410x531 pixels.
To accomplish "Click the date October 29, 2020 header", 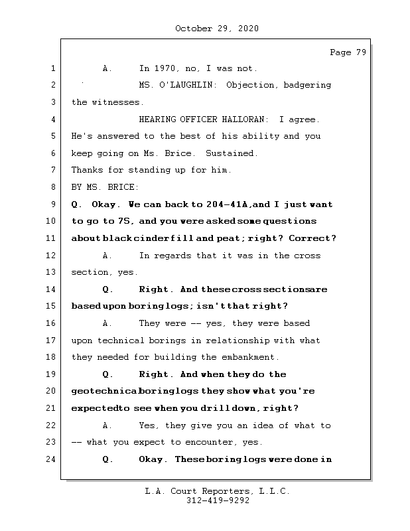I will [217, 29].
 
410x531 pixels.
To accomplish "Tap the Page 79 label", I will [348, 53].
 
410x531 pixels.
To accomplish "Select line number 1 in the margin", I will [52, 68].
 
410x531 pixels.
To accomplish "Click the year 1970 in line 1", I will [165, 68].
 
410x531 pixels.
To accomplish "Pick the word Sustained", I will [232, 153].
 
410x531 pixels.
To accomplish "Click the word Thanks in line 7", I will [86, 171].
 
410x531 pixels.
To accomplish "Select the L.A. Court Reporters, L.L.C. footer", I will [217, 492].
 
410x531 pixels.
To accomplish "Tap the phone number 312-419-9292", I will [218, 501].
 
